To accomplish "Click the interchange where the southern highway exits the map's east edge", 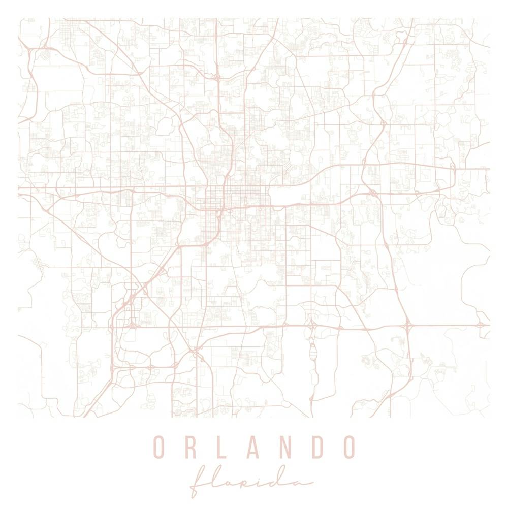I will click(x=480, y=324).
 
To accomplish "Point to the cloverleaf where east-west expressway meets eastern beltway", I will click(x=373, y=193).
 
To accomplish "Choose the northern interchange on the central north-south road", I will click(x=217, y=78).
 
